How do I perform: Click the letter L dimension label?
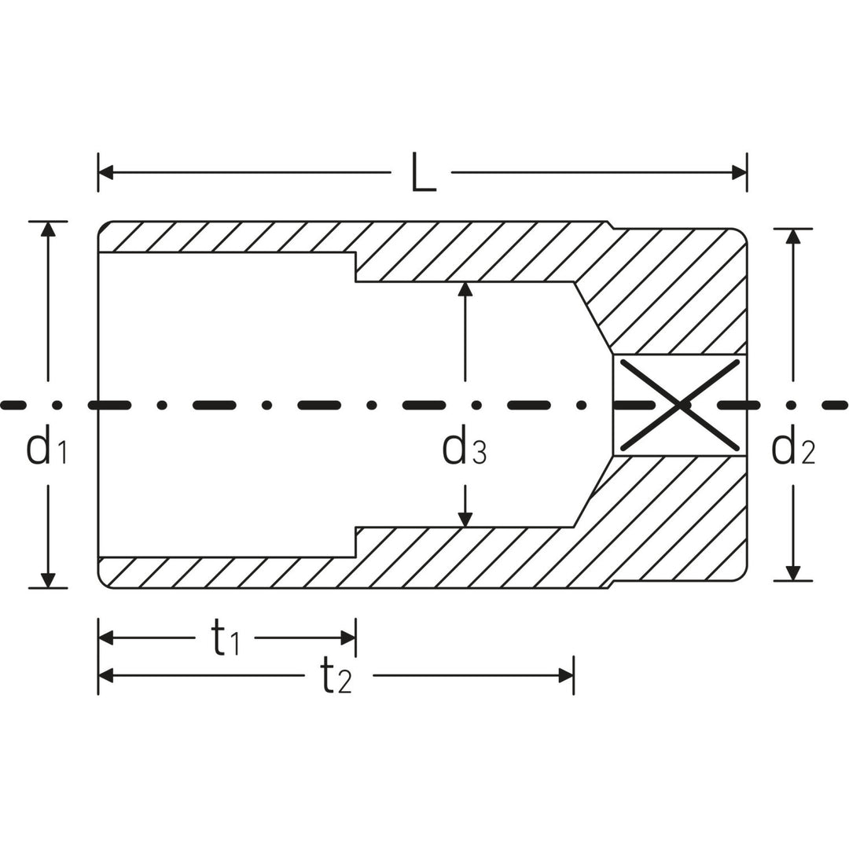pos(423,173)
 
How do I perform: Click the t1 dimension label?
pos(226,638)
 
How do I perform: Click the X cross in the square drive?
pos(680,404)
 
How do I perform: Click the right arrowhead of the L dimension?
pos(739,173)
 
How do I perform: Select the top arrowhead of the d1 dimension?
pos(48,229)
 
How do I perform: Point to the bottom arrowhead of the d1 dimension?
pos(48,580)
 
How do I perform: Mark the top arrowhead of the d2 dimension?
pos(793,236)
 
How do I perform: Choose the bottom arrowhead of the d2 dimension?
pos(793,573)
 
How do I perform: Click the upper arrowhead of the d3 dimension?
pos(465,289)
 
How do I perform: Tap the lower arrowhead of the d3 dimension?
pos(465,519)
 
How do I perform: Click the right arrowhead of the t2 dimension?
pos(565,675)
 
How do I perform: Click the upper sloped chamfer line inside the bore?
pos(593,318)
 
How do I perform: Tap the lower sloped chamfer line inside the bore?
pos(593,491)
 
